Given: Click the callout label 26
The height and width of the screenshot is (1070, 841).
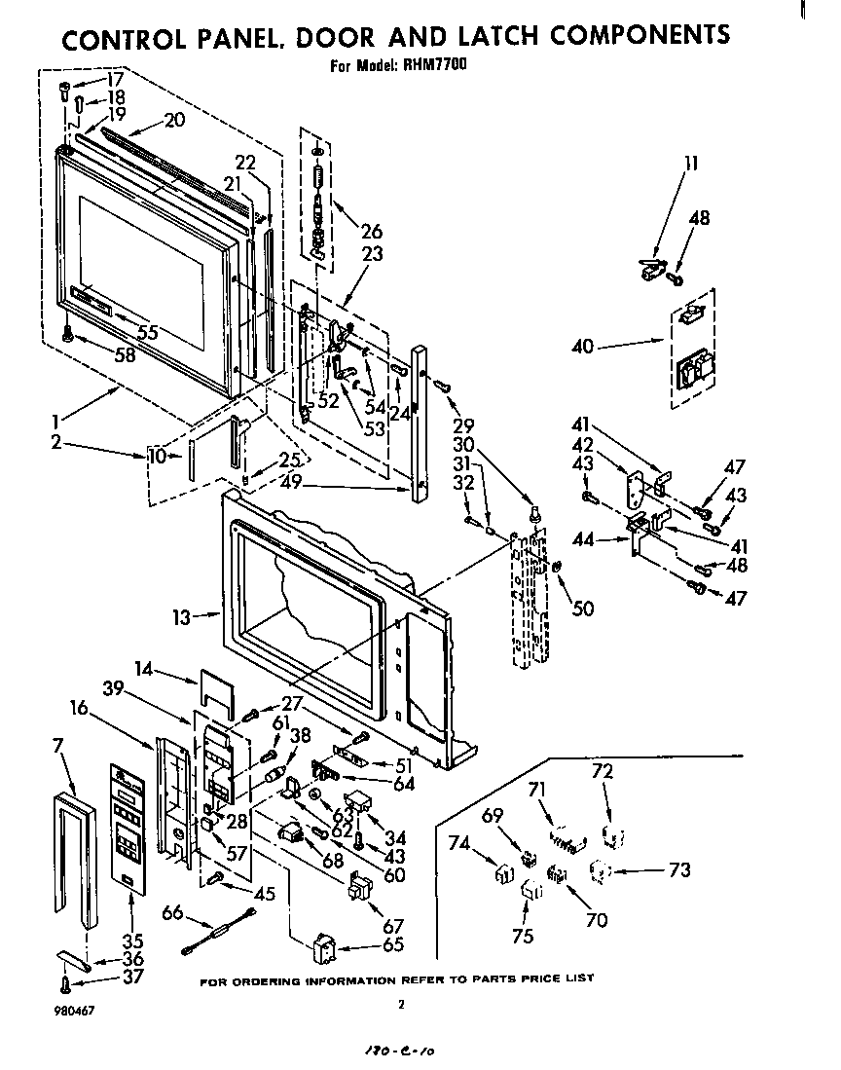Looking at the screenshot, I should tap(371, 232).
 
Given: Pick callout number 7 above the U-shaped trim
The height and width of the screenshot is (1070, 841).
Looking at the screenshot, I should tap(58, 746).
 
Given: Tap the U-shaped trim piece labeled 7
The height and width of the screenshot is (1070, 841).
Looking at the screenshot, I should tap(75, 857).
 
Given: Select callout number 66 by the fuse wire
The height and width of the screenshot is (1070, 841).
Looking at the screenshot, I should tap(172, 913).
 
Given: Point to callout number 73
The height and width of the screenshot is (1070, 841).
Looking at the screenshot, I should tap(678, 869).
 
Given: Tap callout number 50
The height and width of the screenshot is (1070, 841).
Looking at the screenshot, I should tap(583, 609).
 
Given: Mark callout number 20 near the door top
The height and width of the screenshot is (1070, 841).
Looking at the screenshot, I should tap(173, 120).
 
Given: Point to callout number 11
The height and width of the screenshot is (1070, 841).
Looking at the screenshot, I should tap(690, 163).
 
